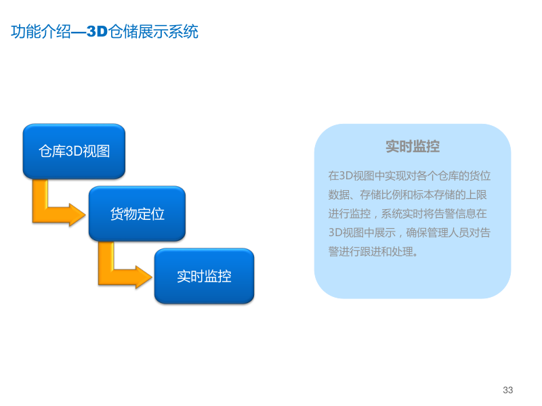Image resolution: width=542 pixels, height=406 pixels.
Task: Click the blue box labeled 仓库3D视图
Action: pos(74,151)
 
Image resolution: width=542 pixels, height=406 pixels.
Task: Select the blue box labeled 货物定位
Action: pos(137,214)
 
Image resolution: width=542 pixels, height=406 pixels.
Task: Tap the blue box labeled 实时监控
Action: pos(204,276)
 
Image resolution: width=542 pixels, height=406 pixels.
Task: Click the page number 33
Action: pos(508,390)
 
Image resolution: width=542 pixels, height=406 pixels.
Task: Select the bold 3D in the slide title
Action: pos(98,32)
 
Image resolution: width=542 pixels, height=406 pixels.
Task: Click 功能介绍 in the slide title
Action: pos(41,32)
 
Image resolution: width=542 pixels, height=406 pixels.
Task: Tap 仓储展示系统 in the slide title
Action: pos(154,32)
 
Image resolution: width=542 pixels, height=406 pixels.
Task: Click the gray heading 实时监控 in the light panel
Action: pos(413,147)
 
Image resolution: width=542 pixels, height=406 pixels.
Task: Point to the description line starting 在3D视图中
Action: pos(409,176)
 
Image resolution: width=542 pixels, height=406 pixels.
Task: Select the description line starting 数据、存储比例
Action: pos(409,195)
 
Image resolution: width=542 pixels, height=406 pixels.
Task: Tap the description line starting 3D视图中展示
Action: pos(409,233)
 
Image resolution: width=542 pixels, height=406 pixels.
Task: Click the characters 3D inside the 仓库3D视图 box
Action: pos(73,151)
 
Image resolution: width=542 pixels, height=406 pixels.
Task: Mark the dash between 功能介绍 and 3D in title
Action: pos(79,32)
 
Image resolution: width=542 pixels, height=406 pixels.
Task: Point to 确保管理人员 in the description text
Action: pos(437,233)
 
